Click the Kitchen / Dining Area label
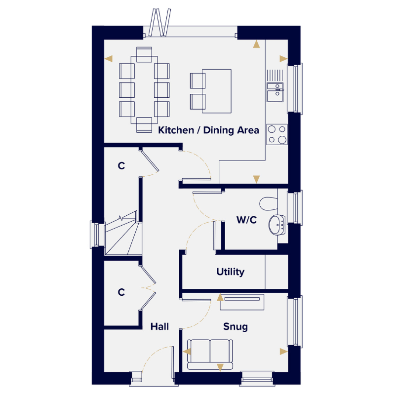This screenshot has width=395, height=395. coord(208,130)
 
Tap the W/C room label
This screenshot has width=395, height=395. coord(246,220)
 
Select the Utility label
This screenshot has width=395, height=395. coord(230,272)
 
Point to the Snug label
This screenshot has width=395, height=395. coord(236,327)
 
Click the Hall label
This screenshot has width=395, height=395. coord(159,327)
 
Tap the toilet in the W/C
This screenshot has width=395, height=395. coord(269,204)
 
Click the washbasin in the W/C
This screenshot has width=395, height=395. coord(277,225)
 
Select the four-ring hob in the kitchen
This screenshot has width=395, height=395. coord(277,134)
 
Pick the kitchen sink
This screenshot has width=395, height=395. coord(275,92)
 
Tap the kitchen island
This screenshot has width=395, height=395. coord(217,91)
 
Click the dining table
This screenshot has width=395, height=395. coord(144,90)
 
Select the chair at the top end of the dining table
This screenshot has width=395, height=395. coord(144,54)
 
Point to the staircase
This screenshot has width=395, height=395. coord(123,233)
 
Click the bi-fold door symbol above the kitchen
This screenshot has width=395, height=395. coord(159,23)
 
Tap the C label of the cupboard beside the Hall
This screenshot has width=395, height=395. coord(121,292)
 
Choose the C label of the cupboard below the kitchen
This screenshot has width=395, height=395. coord(121,166)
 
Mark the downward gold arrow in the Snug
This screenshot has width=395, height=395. coord(220,367)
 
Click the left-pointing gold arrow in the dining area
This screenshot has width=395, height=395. coord(109,59)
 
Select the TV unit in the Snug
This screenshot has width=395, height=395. coord(242,302)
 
